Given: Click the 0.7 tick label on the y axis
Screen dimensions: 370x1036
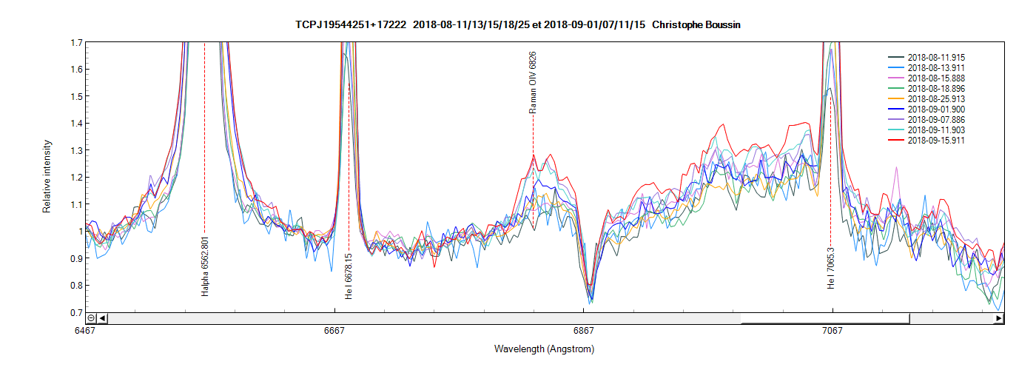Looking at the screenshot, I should (76, 312).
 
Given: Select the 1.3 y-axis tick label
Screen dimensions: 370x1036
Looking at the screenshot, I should (76, 150).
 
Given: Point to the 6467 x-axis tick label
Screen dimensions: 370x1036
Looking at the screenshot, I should (86, 331).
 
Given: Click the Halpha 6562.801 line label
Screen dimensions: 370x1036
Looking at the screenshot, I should (205, 267).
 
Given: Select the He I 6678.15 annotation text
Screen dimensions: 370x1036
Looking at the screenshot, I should (349, 276).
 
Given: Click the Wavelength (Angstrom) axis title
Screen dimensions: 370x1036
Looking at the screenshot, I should (544, 349).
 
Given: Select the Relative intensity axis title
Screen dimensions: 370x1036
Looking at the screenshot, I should (47, 176).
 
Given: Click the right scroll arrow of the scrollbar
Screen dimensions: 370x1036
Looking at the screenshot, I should (998, 318).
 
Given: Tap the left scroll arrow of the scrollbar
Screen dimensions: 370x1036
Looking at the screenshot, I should (103, 318).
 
